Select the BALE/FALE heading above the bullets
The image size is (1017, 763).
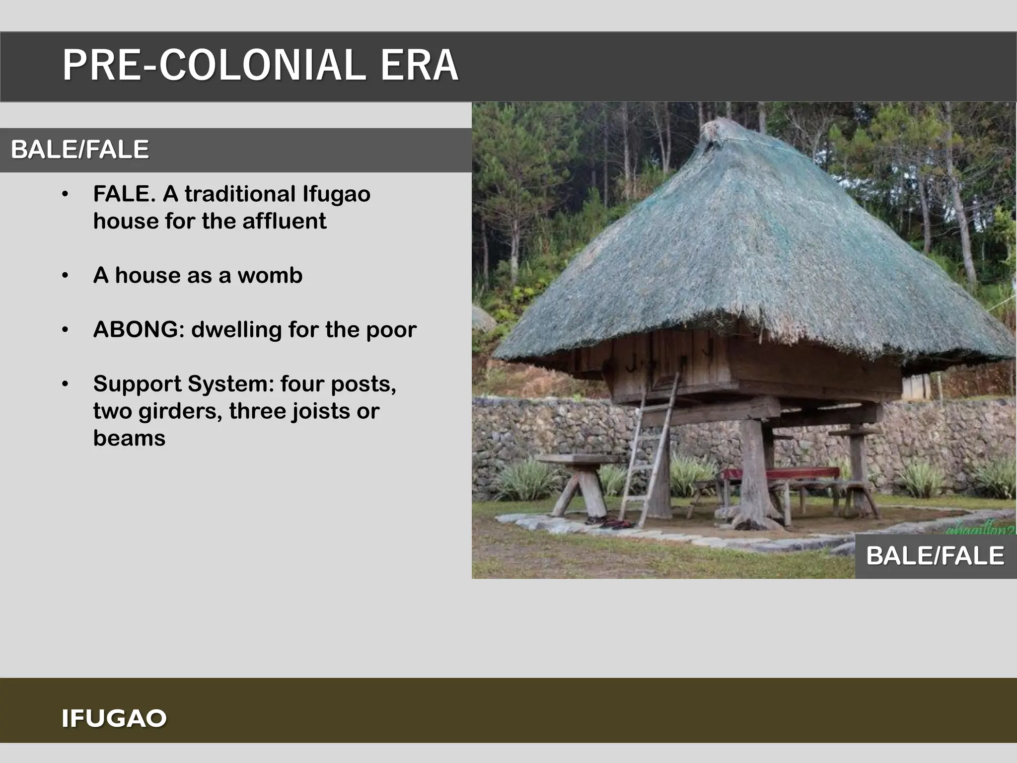pyautogui.click(x=79, y=150)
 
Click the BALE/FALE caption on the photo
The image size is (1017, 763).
pyautogui.click(x=935, y=555)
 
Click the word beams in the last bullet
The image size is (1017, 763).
pyautogui.click(x=129, y=438)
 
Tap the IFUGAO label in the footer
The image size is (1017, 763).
pyautogui.click(x=114, y=718)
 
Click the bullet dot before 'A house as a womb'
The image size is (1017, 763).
pyautogui.click(x=65, y=276)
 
